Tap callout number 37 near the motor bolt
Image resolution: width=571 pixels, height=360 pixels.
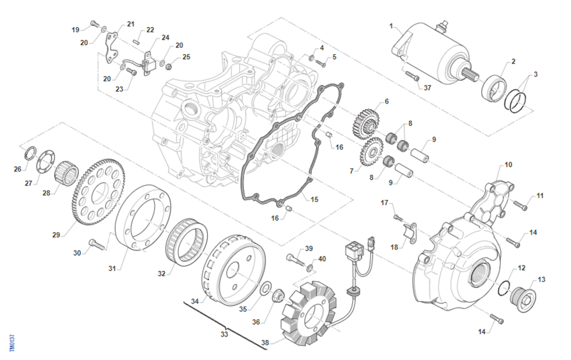pos(427,88)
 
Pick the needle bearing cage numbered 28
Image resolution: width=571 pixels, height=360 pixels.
pos(67,172)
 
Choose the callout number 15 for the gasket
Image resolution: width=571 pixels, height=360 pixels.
pos(315,199)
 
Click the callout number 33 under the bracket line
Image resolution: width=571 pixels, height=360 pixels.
pos(224,334)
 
